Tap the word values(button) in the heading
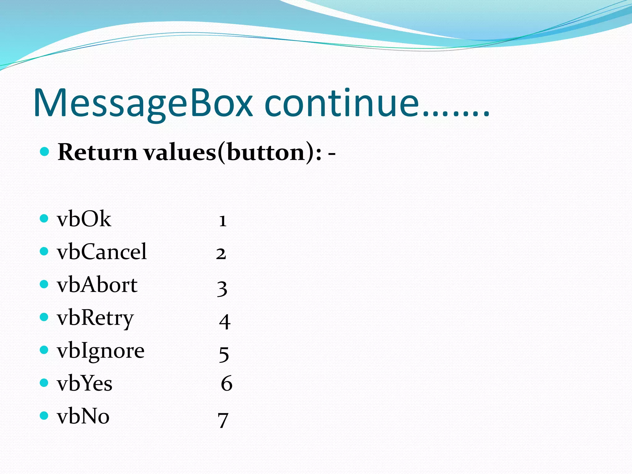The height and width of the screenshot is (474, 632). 230,153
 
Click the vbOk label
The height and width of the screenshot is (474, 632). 84,219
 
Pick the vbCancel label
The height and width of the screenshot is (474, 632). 102,252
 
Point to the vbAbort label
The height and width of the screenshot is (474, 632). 97,285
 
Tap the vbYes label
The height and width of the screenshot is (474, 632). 85,384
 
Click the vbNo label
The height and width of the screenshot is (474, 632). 83,416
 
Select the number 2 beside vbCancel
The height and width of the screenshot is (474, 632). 221,254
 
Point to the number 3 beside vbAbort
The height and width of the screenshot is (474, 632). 222,289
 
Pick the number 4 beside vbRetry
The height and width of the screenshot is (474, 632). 225,322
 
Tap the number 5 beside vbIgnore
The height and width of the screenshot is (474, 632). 224,354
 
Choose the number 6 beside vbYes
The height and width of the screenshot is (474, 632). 227,384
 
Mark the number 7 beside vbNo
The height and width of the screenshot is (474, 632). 223,420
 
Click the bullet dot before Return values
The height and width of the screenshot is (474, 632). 45,152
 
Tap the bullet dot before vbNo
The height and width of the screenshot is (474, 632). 44,416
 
